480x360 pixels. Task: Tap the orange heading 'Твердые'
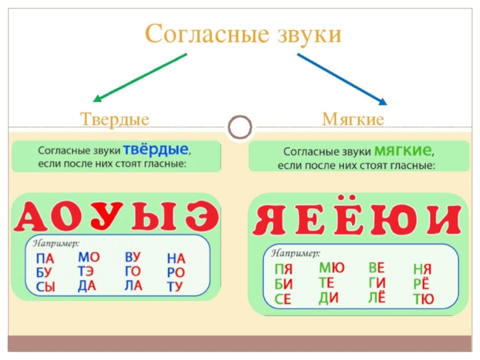coord(115,119)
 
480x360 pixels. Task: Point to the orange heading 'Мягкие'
coord(353,119)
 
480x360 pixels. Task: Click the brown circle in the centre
coord(241,127)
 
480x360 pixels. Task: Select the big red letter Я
coord(269,220)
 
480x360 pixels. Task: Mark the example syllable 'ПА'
coord(45,259)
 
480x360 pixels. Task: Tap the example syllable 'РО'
coord(176,273)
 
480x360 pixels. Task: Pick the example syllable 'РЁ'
coord(422,284)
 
